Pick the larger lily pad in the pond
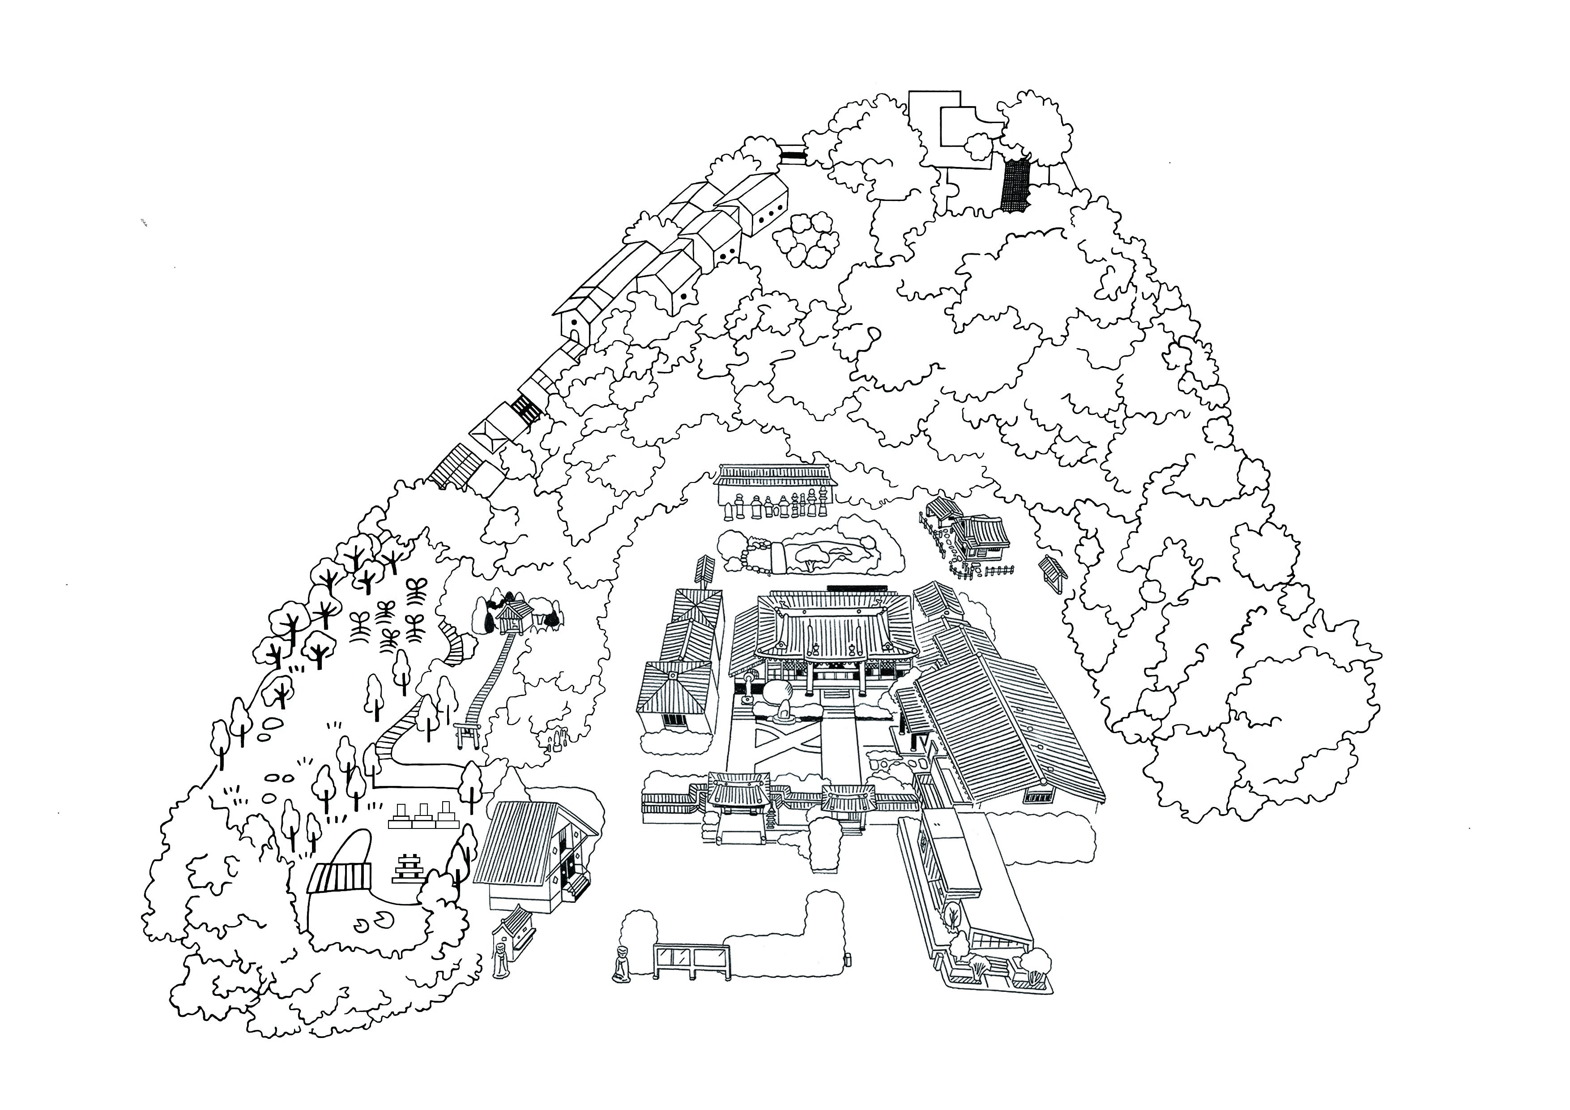[379, 917]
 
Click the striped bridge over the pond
[340, 876]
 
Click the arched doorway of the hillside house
[575, 333]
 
